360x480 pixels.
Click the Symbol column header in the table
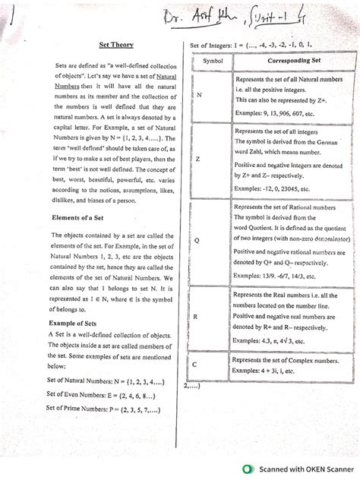(213, 60)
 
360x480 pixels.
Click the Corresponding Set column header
(284, 60)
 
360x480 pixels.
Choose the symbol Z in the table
(198, 159)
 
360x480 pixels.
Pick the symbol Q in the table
(197, 240)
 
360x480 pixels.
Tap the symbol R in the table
(197, 314)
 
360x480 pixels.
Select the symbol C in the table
(196, 365)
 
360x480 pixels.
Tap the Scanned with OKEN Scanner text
(304, 469)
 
